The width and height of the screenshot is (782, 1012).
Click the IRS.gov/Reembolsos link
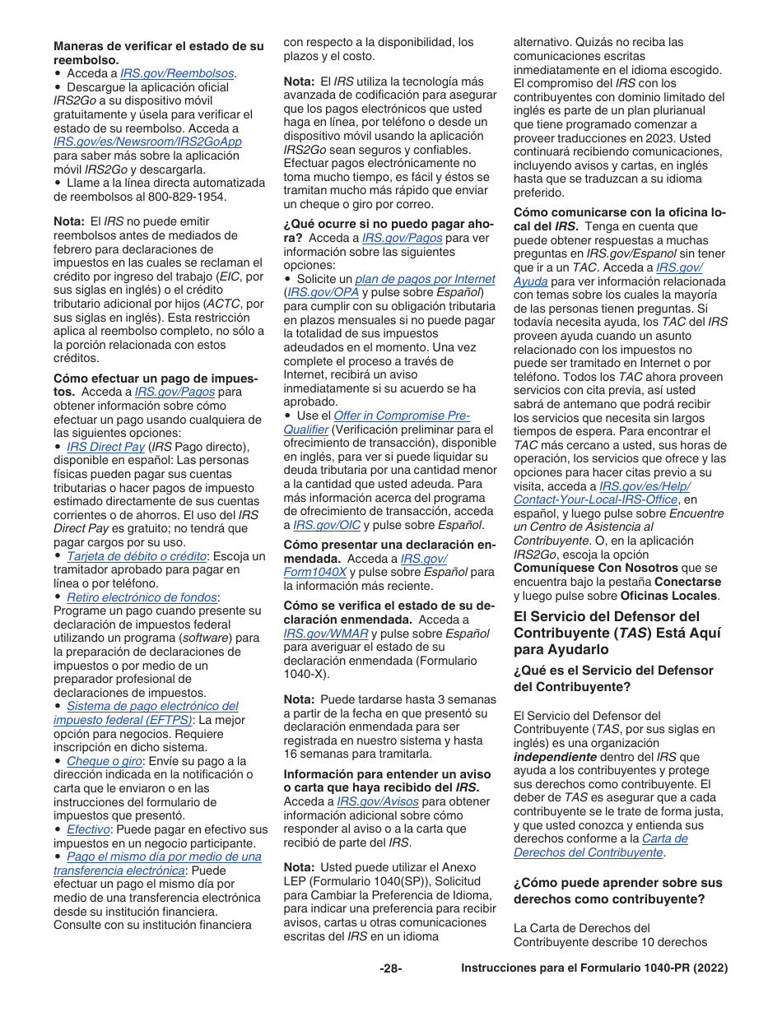tap(177, 73)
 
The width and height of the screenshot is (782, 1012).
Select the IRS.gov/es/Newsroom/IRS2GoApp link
tap(147, 142)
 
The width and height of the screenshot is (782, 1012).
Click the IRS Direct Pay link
tap(105, 447)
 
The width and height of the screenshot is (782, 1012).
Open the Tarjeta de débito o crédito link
tap(136, 556)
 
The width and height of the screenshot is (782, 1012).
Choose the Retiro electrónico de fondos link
tap(142, 597)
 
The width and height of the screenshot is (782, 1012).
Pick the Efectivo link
tap(88, 829)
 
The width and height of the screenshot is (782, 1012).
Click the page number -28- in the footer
tap(391, 968)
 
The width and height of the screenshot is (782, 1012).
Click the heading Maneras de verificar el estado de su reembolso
tap(159, 53)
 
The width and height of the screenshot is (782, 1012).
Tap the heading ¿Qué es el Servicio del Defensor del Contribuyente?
tap(613, 678)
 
